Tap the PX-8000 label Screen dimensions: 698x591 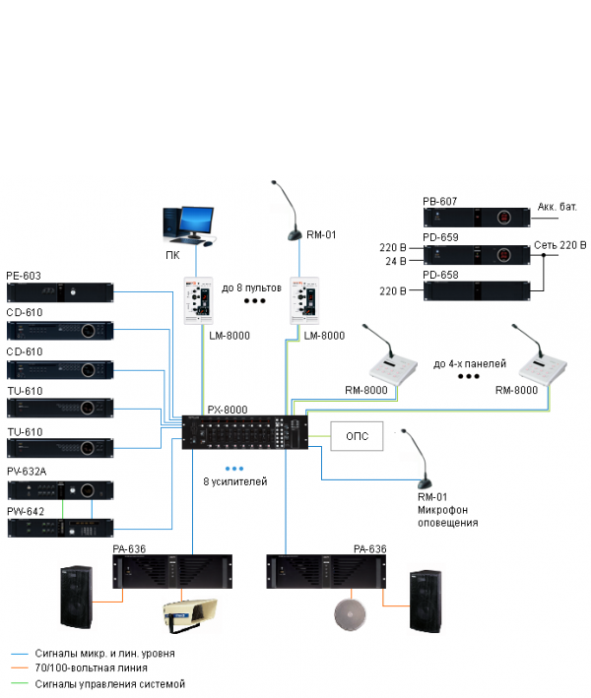tap(227, 410)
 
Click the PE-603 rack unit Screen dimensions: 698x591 tap(60, 292)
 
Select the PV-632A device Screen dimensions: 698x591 tap(60, 490)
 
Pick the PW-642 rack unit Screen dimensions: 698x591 tap(60, 528)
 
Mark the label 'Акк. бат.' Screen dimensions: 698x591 tap(558, 207)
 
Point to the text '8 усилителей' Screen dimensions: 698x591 tap(233, 483)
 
